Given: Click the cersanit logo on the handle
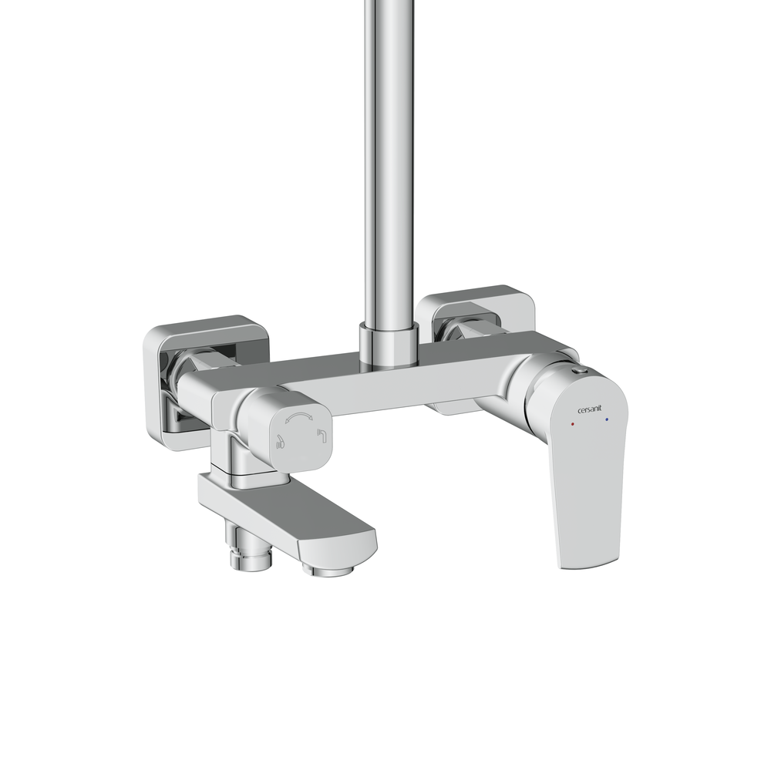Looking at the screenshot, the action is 589,409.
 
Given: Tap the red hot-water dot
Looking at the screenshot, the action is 572,423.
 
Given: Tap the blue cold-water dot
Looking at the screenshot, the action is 607,419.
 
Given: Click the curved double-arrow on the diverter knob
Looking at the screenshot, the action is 299,417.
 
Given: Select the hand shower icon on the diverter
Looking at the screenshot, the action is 280,442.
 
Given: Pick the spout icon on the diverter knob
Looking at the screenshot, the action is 322,435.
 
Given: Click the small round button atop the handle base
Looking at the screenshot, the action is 581,372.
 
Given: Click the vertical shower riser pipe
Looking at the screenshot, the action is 389,162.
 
